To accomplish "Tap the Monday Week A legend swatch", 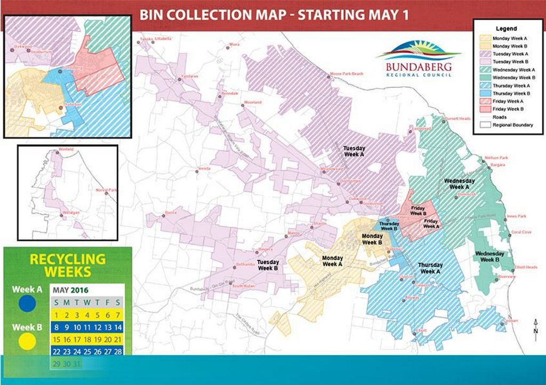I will pos(485,38).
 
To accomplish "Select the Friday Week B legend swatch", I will pos(485,109).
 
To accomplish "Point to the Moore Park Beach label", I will pos(347,73).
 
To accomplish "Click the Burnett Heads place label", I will pos(458,119).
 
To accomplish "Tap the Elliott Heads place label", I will pos(526,267).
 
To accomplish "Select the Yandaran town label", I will pos(189,76).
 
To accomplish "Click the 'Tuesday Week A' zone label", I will pos(353,151).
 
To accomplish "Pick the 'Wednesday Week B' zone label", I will pos(489,257).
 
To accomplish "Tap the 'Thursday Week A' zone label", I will pos(430,268).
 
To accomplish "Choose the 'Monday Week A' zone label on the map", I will pos(333,261).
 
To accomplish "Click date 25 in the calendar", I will pos(87,352).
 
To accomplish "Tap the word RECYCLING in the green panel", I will pos(67,260).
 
